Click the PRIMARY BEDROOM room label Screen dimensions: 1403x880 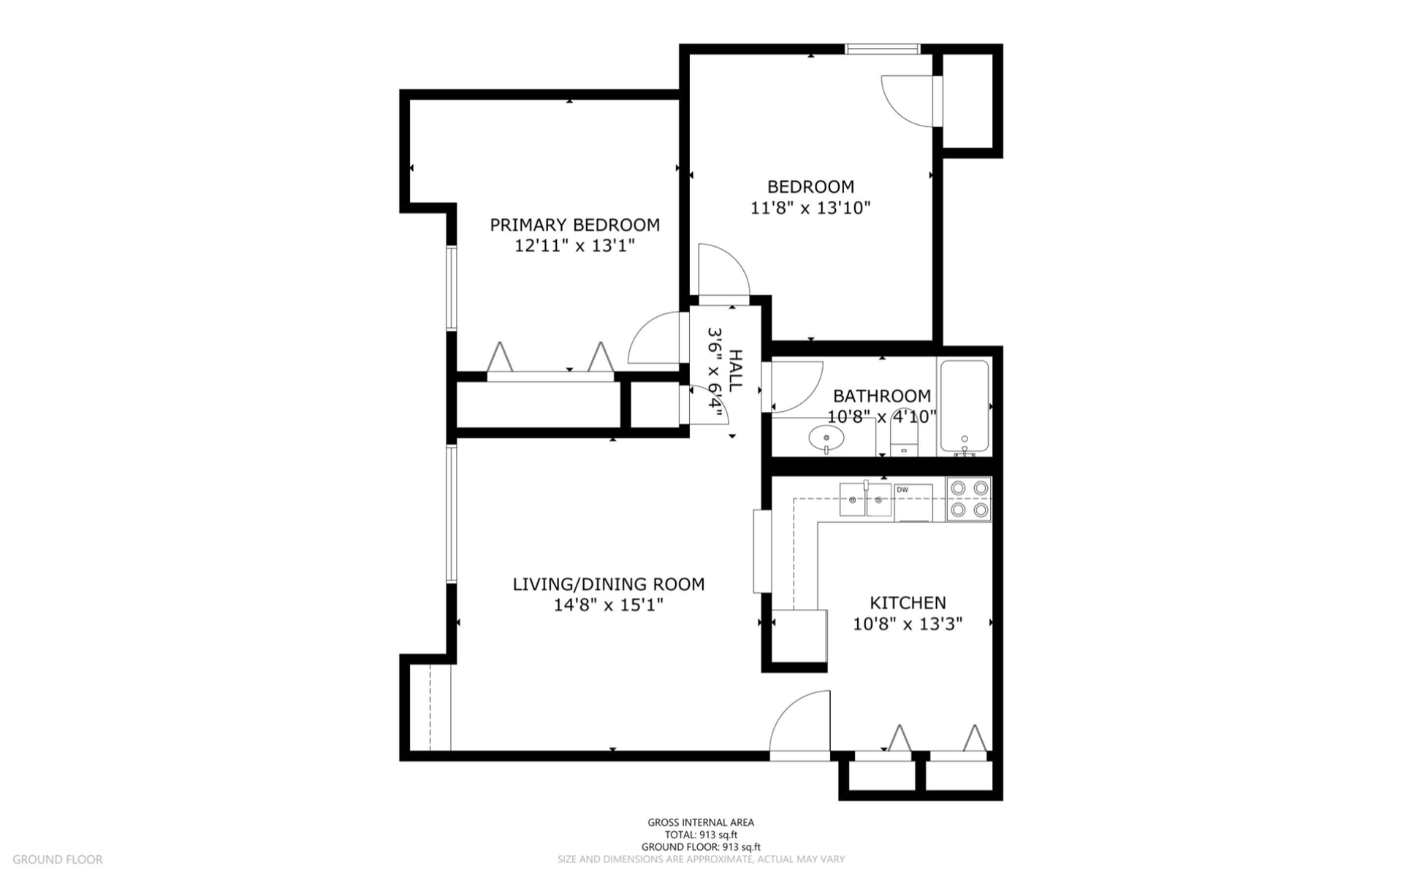coord(574,225)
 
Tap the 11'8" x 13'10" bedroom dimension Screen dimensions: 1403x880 coord(810,208)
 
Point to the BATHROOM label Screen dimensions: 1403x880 coord(882,397)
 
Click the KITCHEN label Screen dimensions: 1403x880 coord(908,603)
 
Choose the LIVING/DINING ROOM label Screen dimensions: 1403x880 coord(609,584)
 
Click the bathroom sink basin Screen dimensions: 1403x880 coord(826,439)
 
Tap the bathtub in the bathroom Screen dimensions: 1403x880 coord(965,406)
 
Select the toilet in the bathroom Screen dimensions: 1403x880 coord(905,434)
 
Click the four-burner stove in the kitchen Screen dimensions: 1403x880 coord(969,499)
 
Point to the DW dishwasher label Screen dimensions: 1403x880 coord(902,490)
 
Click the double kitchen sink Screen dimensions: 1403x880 coord(865,500)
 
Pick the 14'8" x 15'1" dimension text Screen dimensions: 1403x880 coord(609,605)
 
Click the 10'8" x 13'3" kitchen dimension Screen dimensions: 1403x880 coord(908,624)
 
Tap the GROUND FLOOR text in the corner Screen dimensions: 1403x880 coord(58,860)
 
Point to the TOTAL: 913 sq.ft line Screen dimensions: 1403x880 coord(701,835)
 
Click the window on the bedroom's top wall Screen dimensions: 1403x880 coord(883,49)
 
